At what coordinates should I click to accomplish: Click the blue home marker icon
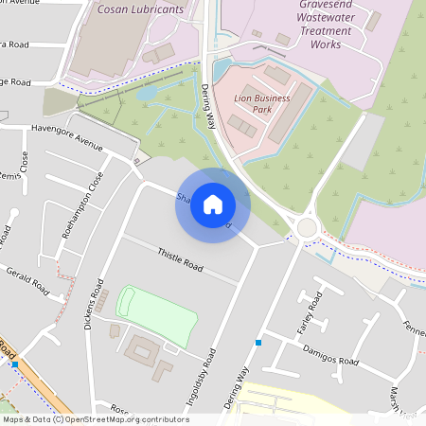pyautogui.click(x=213, y=204)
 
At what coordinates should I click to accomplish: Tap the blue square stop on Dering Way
pyautogui.click(x=257, y=342)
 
